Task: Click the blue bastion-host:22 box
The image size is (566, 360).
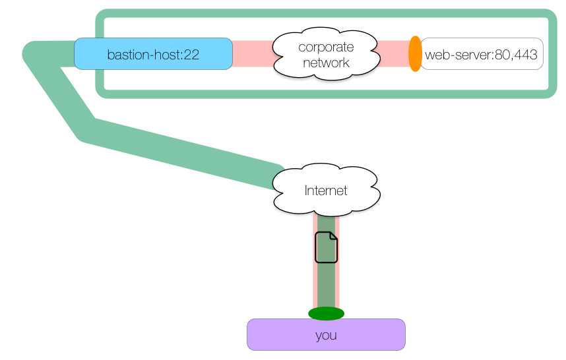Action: pyautogui.click(x=153, y=54)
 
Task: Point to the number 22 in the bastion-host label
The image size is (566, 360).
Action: pyautogui.click(x=192, y=55)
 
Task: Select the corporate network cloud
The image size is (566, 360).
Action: pyautogui.click(x=325, y=54)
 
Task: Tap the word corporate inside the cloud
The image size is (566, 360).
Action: pyautogui.click(x=326, y=47)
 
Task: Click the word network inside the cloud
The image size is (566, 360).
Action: pyautogui.click(x=326, y=63)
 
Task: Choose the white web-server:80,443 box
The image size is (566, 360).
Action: pyautogui.click(x=482, y=54)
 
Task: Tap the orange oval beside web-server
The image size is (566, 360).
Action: pyautogui.click(x=415, y=54)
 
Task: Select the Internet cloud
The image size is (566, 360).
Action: pyautogui.click(x=326, y=190)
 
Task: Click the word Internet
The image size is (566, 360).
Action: pyautogui.click(x=326, y=191)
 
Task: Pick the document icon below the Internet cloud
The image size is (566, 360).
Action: pyautogui.click(x=326, y=247)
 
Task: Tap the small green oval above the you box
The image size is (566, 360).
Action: pyautogui.click(x=326, y=313)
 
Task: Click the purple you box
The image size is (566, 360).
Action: pyautogui.click(x=326, y=334)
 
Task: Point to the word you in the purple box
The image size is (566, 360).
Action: pyautogui.click(x=326, y=335)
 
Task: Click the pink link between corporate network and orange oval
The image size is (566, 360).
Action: pyautogui.click(x=393, y=54)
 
